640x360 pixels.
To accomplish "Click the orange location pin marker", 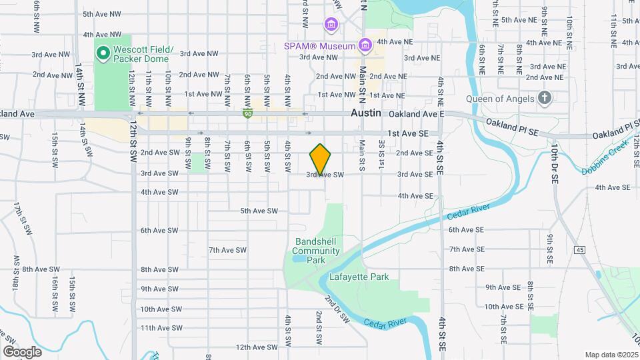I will pyautogui.click(x=321, y=159).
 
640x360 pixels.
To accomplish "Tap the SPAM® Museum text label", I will pyautogui.click(x=316, y=47).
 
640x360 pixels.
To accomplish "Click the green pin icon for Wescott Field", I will pyautogui.click(x=103, y=52).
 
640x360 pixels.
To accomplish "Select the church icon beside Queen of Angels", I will pyautogui.click(x=545, y=99).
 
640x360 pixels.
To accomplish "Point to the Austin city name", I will pyautogui.click(x=366, y=114).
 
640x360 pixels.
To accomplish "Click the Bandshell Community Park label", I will pyautogui.click(x=316, y=251).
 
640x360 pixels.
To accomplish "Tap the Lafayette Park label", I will pyautogui.click(x=363, y=277).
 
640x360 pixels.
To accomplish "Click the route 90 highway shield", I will pyautogui.click(x=247, y=114).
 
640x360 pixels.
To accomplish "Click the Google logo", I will pyautogui.click(x=22, y=351).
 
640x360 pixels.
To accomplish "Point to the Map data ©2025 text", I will pyautogui.click(x=611, y=355).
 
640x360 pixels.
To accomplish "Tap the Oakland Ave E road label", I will pyautogui.click(x=417, y=115).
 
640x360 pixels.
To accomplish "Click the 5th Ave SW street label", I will pyautogui.click(x=259, y=211).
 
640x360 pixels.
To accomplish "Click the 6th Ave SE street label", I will pyautogui.click(x=465, y=230).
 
